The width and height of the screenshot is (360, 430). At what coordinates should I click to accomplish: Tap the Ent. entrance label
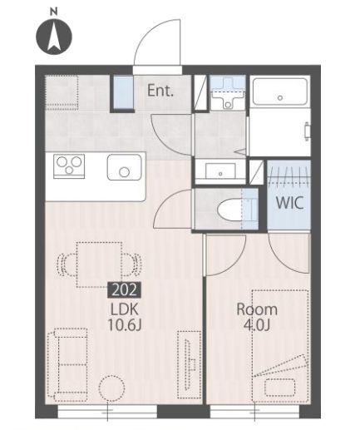pos(160,91)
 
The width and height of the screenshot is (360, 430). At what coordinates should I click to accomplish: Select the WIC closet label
pos(289,203)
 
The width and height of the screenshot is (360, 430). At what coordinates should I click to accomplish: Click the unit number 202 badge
pos(125,289)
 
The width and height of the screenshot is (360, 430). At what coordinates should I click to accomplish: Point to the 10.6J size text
pos(125,325)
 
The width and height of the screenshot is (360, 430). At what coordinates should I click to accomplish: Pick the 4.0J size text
pos(257,325)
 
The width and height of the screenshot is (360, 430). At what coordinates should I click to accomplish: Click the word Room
pos(257,309)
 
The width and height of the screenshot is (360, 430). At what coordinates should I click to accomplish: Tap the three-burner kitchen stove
pos(69,166)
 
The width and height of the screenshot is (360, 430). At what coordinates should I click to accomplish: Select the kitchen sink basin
pos(125,168)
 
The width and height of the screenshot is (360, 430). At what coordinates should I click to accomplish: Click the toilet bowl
pos(229,210)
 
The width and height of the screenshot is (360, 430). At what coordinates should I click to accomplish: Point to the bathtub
pos(280,91)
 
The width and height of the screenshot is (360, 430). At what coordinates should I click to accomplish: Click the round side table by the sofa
pos(111,388)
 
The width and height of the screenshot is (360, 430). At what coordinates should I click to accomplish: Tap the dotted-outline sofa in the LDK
pos(67,365)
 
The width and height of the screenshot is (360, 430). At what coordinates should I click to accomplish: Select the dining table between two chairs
pos(99,264)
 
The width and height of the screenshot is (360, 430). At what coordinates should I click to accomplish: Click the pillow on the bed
pos(279,388)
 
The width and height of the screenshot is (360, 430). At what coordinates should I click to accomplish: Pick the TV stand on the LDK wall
pos(190,364)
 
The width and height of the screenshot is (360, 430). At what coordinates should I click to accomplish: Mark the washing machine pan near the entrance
pos(228,92)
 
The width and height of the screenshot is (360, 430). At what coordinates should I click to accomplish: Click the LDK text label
pos(125,309)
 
